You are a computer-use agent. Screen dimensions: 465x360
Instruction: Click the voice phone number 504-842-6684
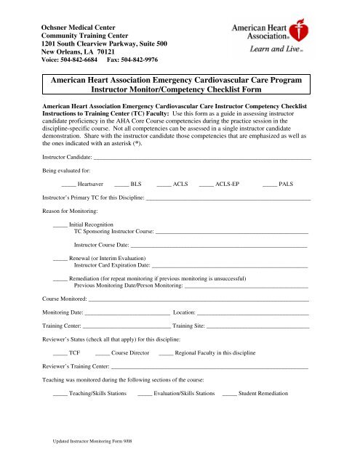tap(81, 60)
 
